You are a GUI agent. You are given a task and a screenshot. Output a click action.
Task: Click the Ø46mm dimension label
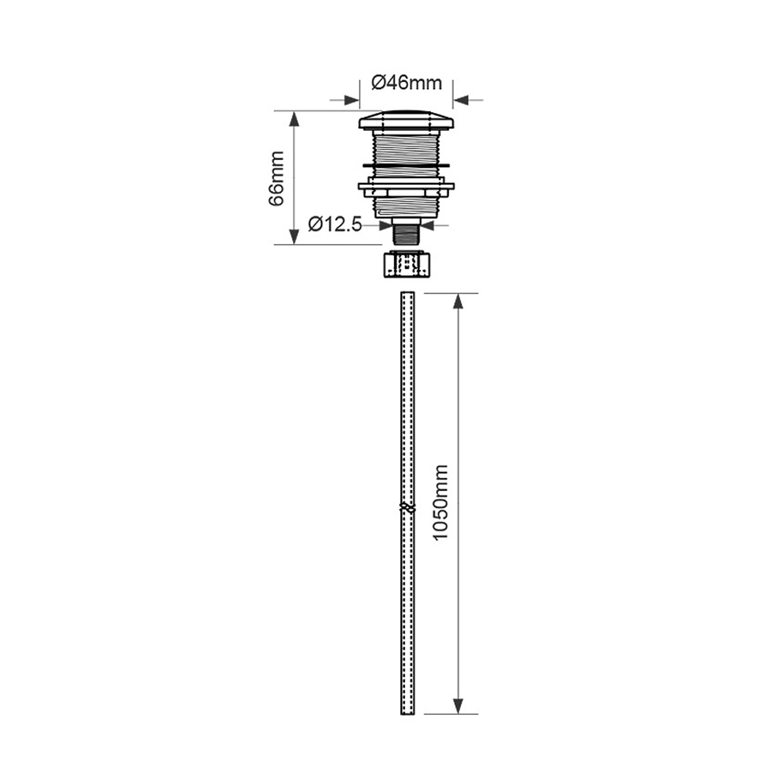point(407,83)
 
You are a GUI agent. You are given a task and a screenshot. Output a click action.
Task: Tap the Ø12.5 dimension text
point(335,224)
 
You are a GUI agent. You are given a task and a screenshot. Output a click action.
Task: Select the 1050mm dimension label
point(441,502)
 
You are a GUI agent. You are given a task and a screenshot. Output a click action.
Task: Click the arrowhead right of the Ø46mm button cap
point(461,100)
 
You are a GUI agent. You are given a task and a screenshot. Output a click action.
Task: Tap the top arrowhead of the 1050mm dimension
point(458,302)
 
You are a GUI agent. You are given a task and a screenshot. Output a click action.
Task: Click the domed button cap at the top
point(407,120)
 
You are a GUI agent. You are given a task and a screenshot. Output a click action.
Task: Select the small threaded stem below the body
point(407,235)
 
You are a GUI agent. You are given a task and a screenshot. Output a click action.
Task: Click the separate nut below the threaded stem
point(407,265)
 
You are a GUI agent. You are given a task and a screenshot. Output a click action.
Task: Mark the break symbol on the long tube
point(407,507)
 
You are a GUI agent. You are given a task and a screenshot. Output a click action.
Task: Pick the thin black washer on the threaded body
point(407,164)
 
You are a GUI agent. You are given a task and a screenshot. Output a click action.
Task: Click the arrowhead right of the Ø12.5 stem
point(427,225)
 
